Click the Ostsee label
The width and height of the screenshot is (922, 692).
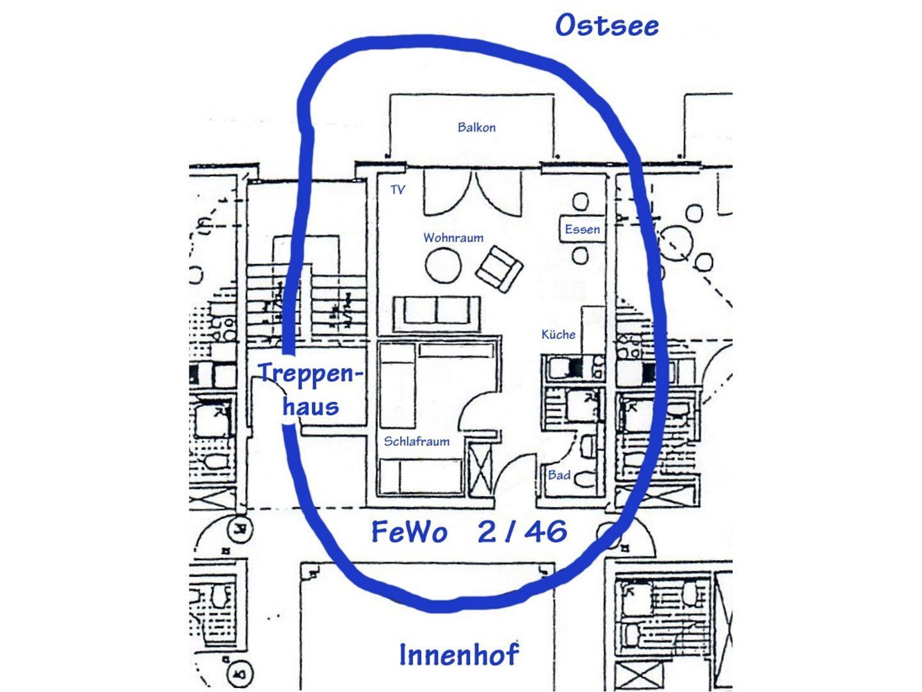pyautogui.click(x=606, y=26)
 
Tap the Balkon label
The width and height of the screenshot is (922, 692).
pyautogui.click(x=476, y=128)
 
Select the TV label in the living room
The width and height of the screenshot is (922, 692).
pyautogui.click(x=398, y=190)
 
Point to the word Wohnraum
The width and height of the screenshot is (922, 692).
pyautogui.click(x=453, y=238)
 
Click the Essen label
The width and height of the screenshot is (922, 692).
pyautogui.click(x=582, y=229)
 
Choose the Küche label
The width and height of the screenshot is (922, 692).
pyautogui.click(x=558, y=334)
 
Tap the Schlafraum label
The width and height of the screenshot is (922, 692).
pyautogui.click(x=416, y=441)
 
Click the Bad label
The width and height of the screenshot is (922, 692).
pyautogui.click(x=558, y=475)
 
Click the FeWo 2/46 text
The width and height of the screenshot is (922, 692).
pyautogui.click(x=469, y=532)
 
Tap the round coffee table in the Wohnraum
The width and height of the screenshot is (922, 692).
pyautogui.click(x=443, y=265)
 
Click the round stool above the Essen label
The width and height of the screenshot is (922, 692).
pyautogui.click(x=580, y=202)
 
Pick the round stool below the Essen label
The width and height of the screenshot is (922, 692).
pyautogui.click(x=580, y=256)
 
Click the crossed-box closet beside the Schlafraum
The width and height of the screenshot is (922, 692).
pyautogui.click(x=480, y=470)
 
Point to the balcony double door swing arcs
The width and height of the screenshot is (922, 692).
pyautogui.click(x=472, y=192)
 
